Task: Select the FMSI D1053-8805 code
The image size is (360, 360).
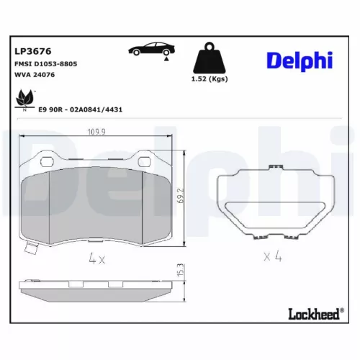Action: click(46, 64)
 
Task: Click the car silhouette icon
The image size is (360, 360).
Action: click(153, 50)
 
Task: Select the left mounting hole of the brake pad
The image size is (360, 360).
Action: click(45, 158)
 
